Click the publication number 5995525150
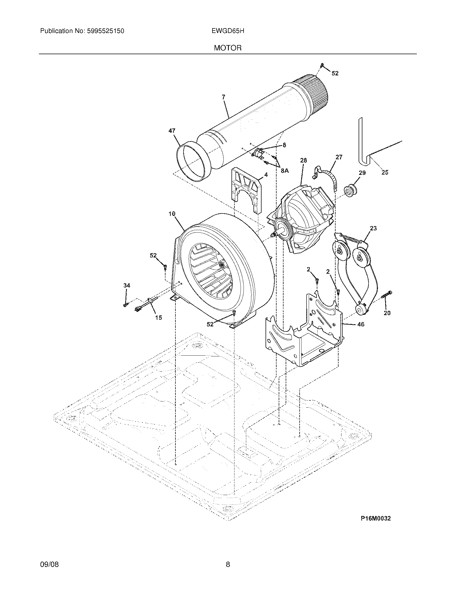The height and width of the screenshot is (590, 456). coord(105,31)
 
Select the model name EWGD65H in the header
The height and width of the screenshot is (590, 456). coord(228,31)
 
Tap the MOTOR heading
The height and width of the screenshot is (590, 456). coord(227,48)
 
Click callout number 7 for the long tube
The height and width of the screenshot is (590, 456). coord(223,97)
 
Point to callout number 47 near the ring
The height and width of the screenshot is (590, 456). coord(172,131)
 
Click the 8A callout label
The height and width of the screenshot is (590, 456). coord(284,171)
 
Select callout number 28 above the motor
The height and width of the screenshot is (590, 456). coord(303,160)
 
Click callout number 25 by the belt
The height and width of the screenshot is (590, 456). coord(385,172)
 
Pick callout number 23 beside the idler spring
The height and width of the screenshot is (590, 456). coord(373,228)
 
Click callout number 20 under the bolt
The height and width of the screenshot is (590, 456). coord(387,313)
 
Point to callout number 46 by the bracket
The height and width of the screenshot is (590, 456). coord(361,324)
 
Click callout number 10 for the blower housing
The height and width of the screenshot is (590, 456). coord(172,214)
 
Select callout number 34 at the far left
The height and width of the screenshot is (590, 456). coord(127,285)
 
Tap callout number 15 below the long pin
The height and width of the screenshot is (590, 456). coord(159,318)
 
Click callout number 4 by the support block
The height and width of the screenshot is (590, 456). coord(266,175)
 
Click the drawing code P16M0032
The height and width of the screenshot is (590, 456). coord(376,518)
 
